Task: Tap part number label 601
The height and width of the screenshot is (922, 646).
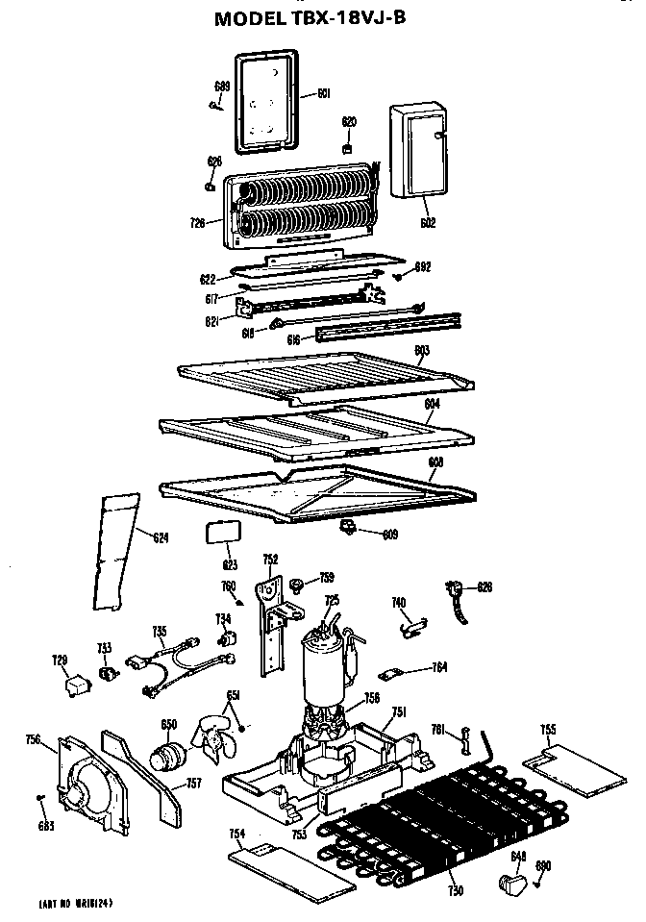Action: (323, 94)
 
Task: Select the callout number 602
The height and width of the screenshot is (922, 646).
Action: (428, 223)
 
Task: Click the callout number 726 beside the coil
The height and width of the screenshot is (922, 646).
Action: (197, 223)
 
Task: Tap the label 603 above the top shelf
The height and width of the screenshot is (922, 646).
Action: (421, 349)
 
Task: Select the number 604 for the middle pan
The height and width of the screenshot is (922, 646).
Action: (432, 405)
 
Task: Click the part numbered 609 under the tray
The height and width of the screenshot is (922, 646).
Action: (348, 525)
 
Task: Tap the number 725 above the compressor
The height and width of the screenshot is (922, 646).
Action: (332, 600)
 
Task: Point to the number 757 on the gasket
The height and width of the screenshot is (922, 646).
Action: (193, 784)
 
